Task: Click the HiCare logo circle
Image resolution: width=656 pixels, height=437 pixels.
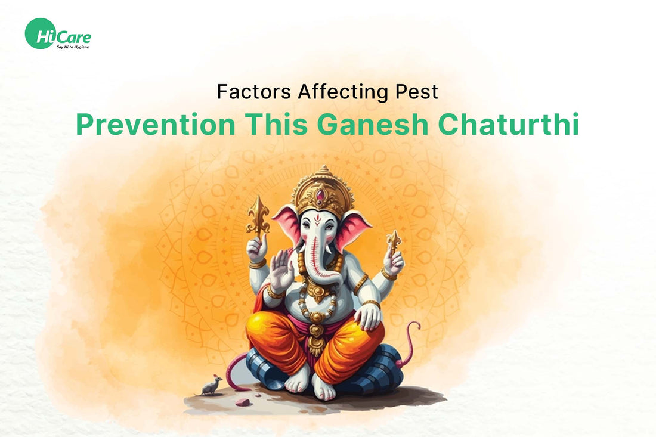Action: click(40, 33)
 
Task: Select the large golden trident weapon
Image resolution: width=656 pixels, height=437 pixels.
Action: click(259, 218)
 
